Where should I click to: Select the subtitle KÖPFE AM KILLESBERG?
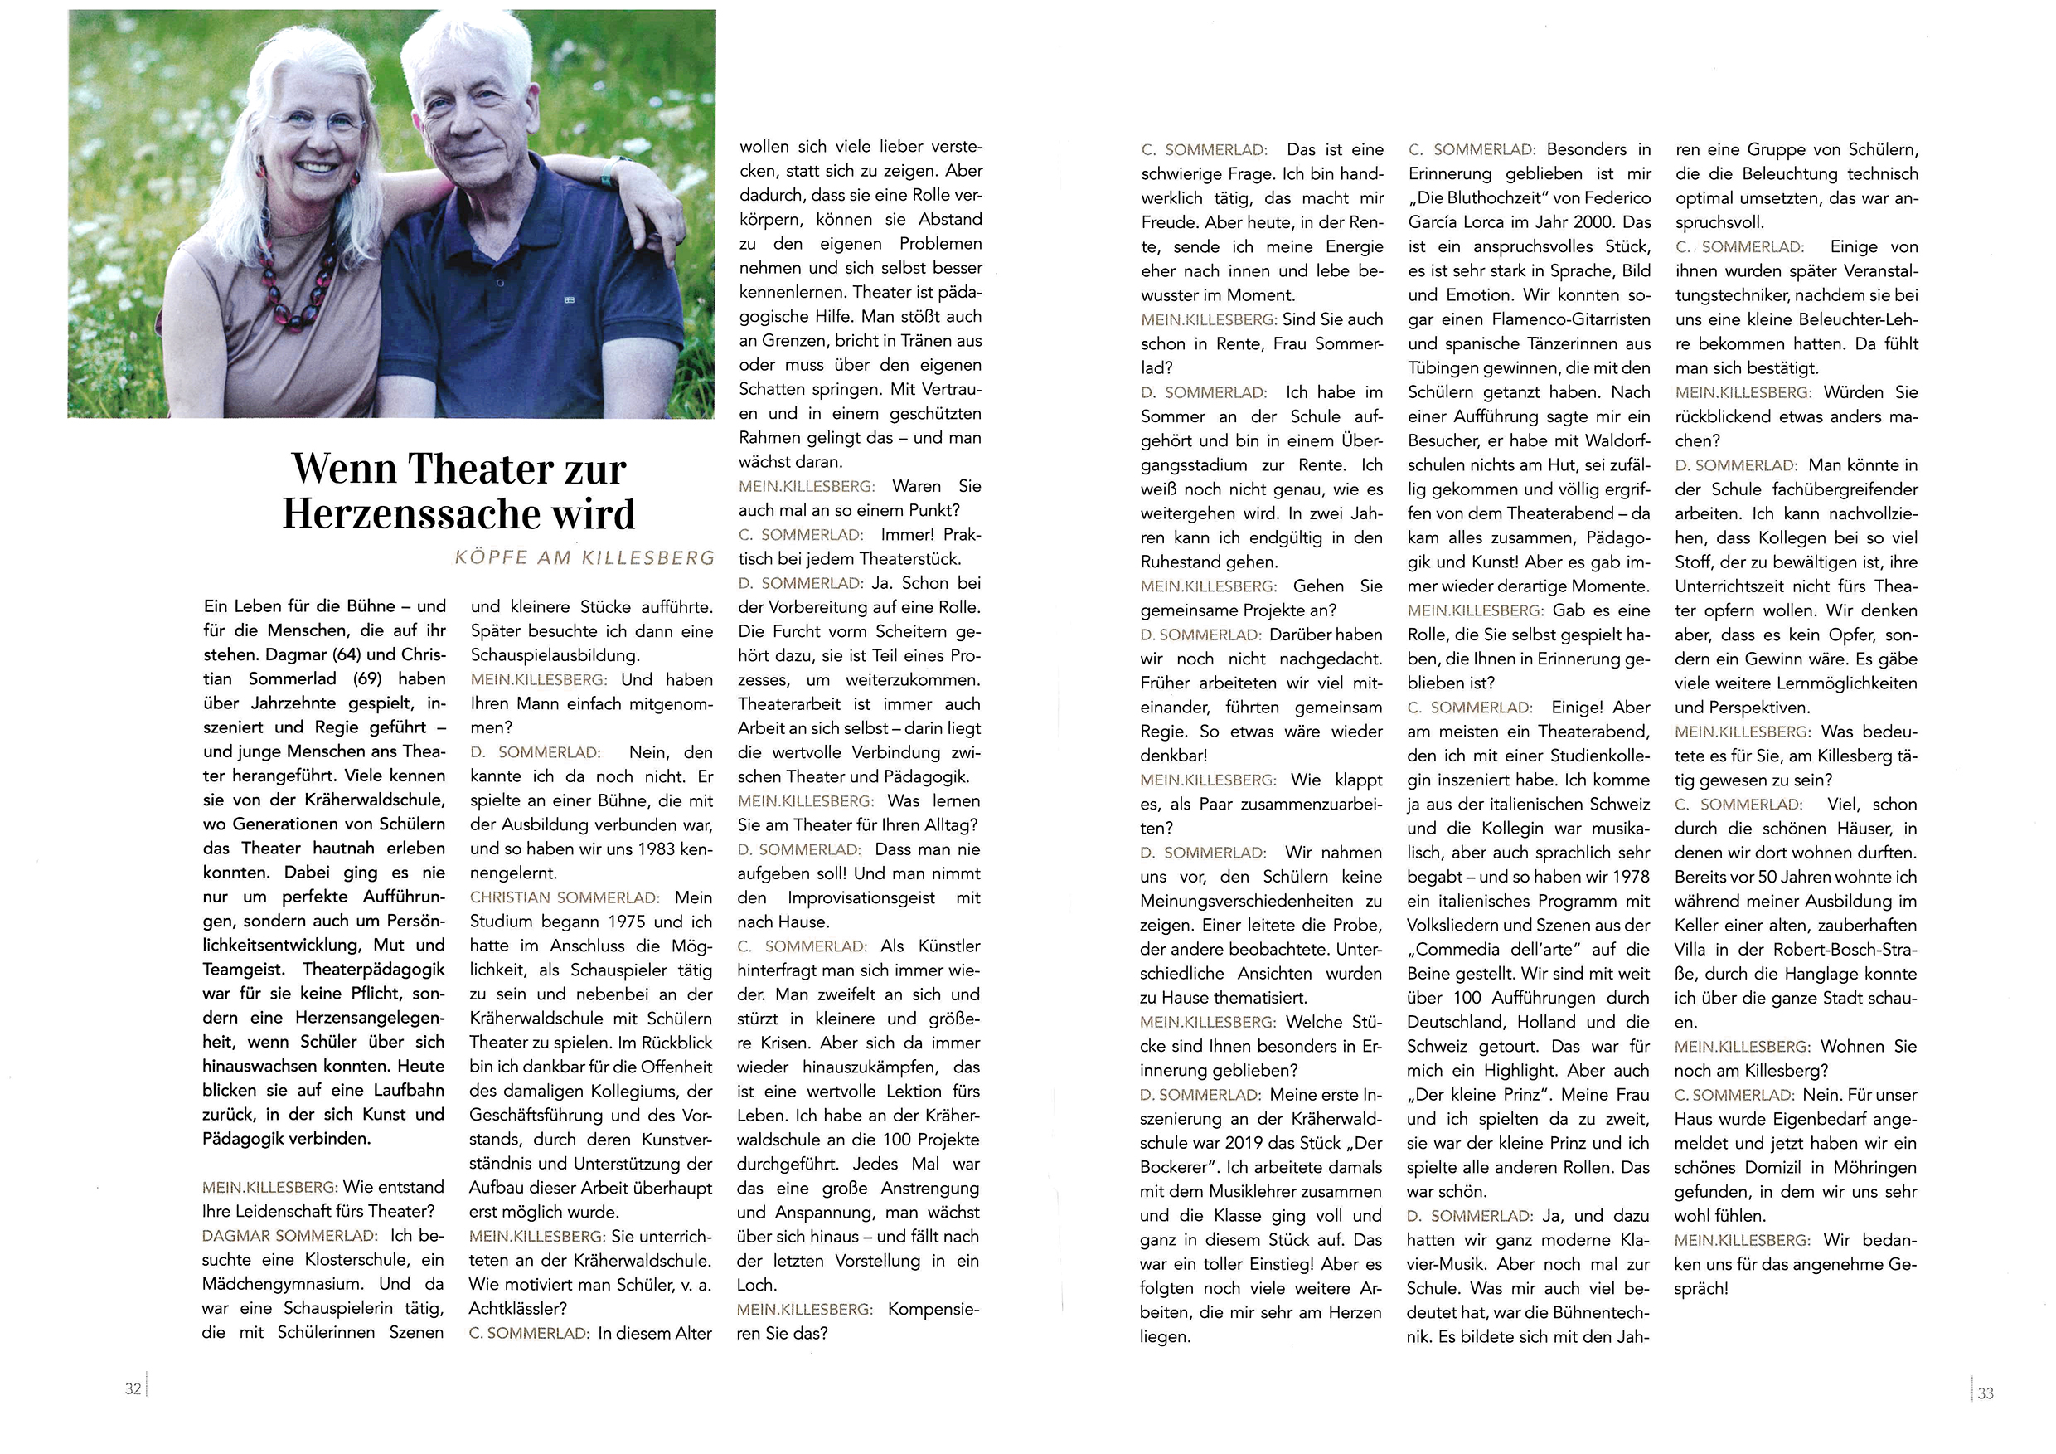(584, 558)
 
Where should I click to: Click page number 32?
(133, 1388)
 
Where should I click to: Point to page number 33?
(1986, 1393)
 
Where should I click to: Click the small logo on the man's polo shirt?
(569, 299)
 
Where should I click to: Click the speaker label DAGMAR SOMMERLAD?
(289, 1235)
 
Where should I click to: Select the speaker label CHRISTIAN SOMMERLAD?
(564, 897)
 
